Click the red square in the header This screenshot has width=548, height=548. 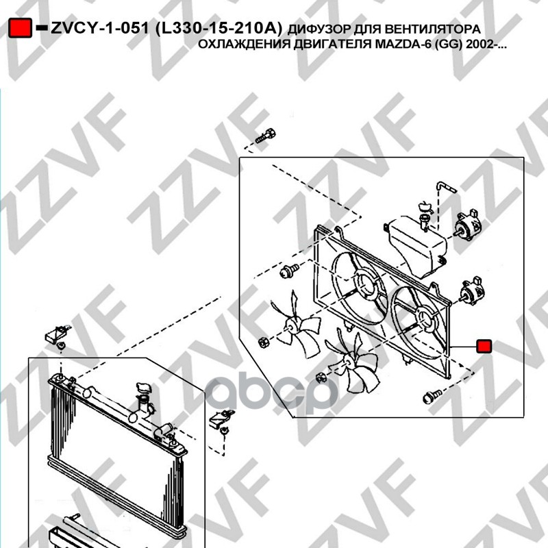pyautogui.click(x=21, y=28)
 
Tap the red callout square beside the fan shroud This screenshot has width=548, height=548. pyautogui.click(x=484, y=346)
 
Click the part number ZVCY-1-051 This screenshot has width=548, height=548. pyautogui.click(x=100, y=28)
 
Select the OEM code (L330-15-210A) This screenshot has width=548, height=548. pyautogui.click(x=218, y=29)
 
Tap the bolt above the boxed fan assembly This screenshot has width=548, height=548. pyautogui.click(x=265, y=136)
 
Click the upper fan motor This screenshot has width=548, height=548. pyautogui.click(x=466, y=225)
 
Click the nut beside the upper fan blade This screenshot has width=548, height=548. pyautogui.click(x=264, y=343)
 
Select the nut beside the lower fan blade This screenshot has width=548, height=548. pyautogui.click(x=321, y=378)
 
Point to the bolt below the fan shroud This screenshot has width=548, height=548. pyautogui.click(x=432, y=397)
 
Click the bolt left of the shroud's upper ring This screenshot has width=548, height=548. pyautogui.click(x=289, y=271)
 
